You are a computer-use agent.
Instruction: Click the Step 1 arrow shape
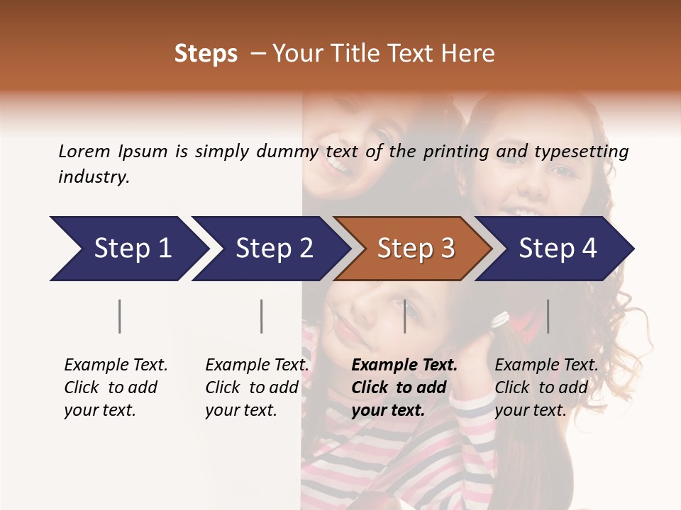coord(132,249)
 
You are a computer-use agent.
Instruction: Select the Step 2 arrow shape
coord(274,249)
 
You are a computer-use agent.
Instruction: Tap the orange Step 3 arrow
coord(416,249)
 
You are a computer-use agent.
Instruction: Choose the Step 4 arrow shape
coord(558,249)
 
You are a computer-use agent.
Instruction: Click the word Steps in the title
coord(206,54)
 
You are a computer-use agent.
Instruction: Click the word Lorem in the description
coord(84,151)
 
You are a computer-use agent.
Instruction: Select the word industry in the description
coord(94,177)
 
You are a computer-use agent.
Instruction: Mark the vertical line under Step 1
coord(120,316)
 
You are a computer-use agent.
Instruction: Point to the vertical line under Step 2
coord(262,316)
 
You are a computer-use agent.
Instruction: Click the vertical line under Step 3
coord(404,316)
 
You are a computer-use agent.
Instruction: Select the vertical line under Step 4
coord(548,316)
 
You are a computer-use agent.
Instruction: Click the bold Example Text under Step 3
coord(404,365)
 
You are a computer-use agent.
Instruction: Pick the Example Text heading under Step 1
coord(116,365)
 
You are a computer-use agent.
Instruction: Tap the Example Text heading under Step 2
coord(257,365)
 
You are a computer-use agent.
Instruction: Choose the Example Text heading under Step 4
coord(546,365)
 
